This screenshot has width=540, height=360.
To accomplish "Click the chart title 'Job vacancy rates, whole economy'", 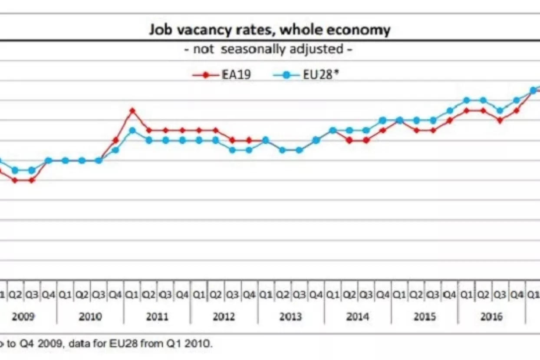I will click(x=270, y=30).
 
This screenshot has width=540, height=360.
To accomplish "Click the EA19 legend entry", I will click(x=222, y=75).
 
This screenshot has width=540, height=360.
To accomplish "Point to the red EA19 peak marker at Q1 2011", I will click(x=132, y=110).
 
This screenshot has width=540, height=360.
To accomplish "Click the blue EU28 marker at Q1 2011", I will click(x=132, y=130).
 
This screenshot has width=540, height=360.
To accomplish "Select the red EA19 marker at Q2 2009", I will click(x=15, y=180).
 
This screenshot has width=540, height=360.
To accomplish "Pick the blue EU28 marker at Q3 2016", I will click(x=500, y=110).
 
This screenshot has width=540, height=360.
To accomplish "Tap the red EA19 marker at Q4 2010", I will click(x=115, y=140).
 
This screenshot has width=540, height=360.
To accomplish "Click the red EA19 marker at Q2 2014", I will click(x=349, y=140).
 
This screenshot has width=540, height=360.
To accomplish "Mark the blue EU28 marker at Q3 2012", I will click(x=233, y=150).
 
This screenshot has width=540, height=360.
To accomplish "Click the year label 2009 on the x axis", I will click(x=23, y=317).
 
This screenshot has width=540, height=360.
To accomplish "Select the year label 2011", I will click(x=157, y=317).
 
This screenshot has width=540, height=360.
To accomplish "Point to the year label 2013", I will click(x=291, y=317).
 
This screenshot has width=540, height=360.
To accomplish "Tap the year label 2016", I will click(x=491, y=317).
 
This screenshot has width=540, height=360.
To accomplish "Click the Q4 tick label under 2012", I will click(x=249, y=295).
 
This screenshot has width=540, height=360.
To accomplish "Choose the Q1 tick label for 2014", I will click(x=333, y=295).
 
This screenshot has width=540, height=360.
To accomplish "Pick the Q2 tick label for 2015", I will click(x=416, y=295).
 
